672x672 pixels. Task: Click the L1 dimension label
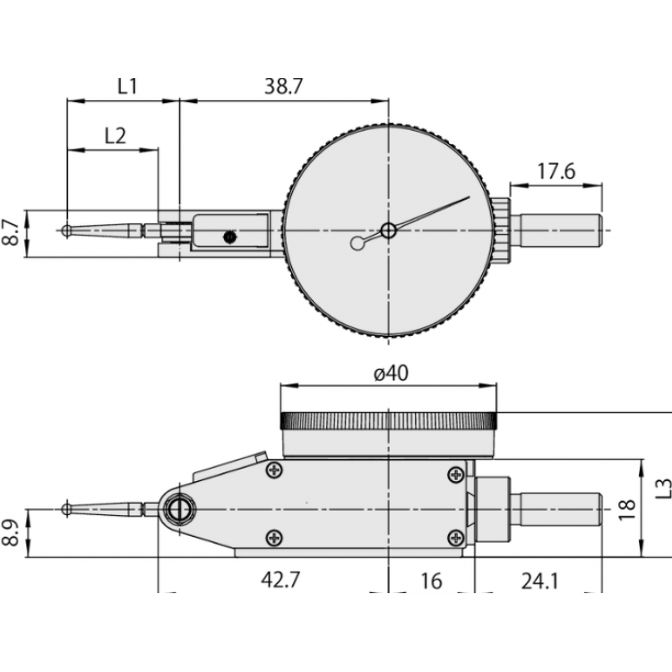pyautogui.click(x=126, y=86)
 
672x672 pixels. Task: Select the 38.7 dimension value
pyautogui.click(x=284, y=86)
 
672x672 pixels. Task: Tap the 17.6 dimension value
pyautogui.click(x=556, y=171)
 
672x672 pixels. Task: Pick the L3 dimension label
pyautogui.click(x=662, y=487)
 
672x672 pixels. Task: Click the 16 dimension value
pyautogui.click(x=431, y=581)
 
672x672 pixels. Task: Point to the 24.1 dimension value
pyautogui.click(x=538, y=581)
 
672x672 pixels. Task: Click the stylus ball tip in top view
pyautogui.click(x=68, y=230)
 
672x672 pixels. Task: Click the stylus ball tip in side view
pyautogui.click(x=67, y=509)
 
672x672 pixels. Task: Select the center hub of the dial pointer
pyautogui.click(x=387, y=230)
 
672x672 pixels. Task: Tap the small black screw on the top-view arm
pyautogui.click(x=229, y=237)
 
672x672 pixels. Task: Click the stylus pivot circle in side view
pyautogui.click(x=178, y=510)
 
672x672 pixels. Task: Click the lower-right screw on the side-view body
pyautogui.click(x=458, y=537)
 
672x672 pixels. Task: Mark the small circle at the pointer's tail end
pyautogui.click(x=358, y=242)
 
